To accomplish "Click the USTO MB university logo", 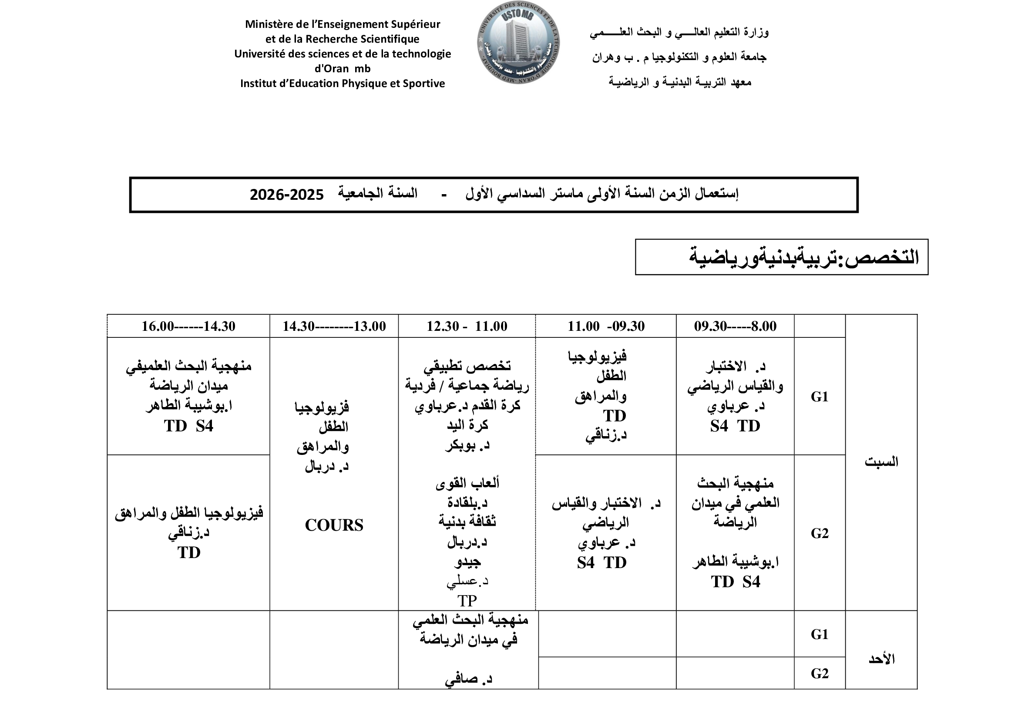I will click(518, 43).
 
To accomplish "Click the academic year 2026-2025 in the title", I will click(286, 195).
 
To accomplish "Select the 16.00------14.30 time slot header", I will click(188, 326).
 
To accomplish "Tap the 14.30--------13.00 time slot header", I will click(334, 326).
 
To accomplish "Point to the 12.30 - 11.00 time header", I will click(467, 326).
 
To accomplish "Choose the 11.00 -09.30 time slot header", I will click(606, 326).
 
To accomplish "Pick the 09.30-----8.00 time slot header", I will click(735, 326).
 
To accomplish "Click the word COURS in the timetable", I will click(334, 525).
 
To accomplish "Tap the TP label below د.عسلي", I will click(467, 601).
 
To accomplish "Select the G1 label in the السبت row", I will click(820, 397).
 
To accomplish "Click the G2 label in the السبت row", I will click(820, 533).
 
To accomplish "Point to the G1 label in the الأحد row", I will click(820, 634).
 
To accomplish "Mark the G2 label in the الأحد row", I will click(820, 673).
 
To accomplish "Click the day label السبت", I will click(881, 462).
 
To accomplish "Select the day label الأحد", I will click(881, 659).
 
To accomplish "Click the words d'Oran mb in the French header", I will click(342, 69).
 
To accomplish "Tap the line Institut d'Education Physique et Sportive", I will click(342, 83).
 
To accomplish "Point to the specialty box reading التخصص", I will click(781, 257).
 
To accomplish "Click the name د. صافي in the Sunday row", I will click(468, 679).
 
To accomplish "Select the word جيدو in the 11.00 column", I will click(467, 562).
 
